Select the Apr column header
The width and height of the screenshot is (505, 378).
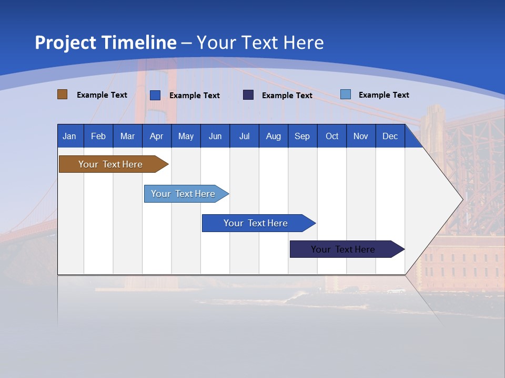157,136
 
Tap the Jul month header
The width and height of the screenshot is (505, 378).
245,136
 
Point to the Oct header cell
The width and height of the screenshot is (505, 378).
332,136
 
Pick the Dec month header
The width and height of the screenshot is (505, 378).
390,136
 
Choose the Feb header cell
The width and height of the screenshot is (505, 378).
98,136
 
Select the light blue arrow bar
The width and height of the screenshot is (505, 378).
186,194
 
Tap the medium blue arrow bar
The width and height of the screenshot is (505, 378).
259,223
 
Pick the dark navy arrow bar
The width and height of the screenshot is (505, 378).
347,249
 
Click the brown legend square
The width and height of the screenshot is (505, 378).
62,94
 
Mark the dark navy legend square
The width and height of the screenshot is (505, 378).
248,95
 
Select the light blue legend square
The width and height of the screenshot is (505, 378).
346,94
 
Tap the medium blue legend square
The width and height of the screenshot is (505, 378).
155,95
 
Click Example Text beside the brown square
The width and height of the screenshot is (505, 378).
102,95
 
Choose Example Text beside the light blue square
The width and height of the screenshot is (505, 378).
384,95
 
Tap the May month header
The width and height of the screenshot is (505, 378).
186,136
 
